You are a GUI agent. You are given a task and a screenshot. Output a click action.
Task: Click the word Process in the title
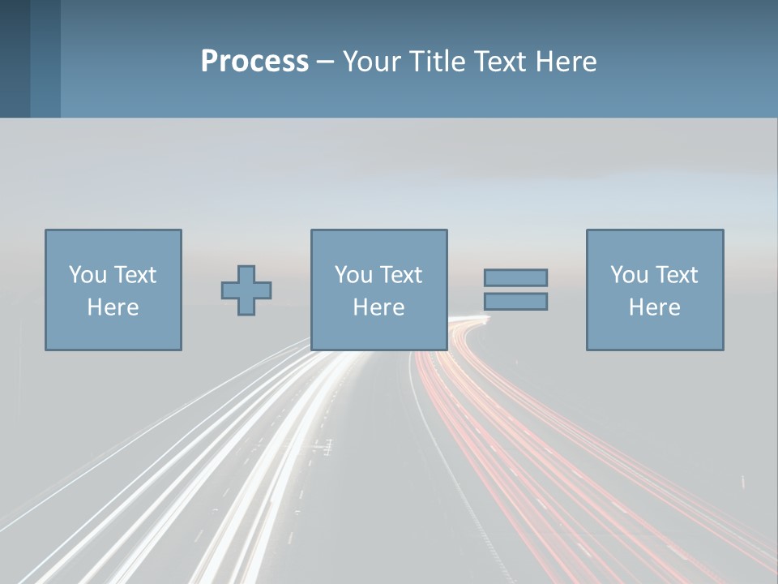254,62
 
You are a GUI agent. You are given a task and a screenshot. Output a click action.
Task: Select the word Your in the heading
372,62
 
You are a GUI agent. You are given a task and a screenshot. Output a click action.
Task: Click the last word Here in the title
568,62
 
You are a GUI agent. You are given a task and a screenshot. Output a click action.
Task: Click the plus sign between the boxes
246,290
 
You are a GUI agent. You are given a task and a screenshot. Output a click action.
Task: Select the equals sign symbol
515,290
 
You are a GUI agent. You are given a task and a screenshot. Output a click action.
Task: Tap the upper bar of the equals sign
515,277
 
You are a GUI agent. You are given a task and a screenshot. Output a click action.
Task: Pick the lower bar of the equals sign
515,302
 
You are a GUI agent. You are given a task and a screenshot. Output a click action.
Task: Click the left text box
113,290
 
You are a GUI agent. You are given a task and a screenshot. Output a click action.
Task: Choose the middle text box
378,290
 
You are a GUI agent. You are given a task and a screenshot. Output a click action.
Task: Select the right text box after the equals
655,290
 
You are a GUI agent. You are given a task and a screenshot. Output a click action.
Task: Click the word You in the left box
88,275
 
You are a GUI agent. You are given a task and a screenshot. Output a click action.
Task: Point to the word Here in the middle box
378,307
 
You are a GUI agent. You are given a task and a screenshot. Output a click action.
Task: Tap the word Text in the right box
676,275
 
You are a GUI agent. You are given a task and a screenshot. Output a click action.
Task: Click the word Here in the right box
655,307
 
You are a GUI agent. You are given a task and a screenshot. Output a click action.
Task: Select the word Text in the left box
135,275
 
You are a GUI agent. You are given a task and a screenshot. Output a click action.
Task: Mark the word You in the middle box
353,275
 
